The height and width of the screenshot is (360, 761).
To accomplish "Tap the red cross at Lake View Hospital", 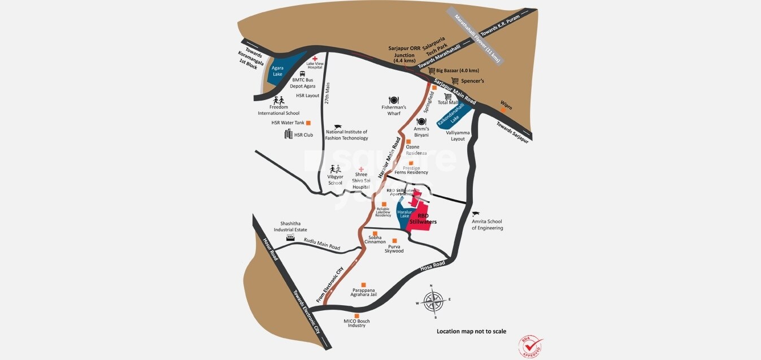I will (x=315, y=59).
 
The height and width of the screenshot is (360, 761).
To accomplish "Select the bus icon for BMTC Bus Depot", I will (x=302, y=73).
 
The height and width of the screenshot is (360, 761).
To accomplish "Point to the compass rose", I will (x=433, y=301).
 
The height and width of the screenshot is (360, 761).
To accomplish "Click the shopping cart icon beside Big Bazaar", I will (x=432, y=71).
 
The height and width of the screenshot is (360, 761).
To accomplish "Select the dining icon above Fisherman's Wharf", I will (x=394, y=100).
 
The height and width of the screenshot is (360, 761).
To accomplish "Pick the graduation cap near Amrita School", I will (x=475, y=214).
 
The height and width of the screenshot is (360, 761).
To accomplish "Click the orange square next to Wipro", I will (x=502, y=110).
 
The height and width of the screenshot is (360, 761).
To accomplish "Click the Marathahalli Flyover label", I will (x=481, y=37).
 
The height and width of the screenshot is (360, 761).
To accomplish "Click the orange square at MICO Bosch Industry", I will (x=356, y=316).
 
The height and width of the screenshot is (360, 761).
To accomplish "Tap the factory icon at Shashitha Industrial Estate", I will (x=290, y=238).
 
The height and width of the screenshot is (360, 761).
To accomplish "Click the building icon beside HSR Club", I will (x=289, y=134).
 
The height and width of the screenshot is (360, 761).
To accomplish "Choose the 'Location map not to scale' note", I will (x=471, y=332).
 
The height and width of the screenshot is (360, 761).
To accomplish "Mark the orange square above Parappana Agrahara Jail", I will (x=363, y=285).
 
